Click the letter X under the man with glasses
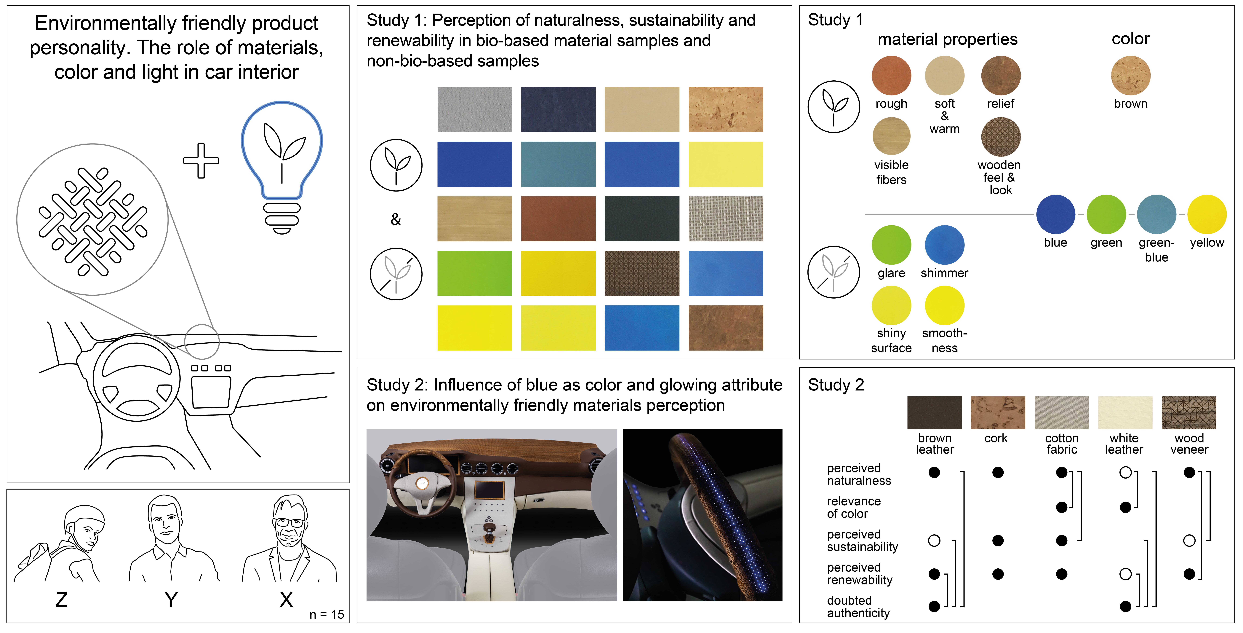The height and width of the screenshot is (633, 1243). [286, 600]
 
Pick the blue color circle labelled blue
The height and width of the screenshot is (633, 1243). [1055, 214]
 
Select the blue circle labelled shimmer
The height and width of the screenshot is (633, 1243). [944, 245]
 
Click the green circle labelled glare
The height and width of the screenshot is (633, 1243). [891, 245]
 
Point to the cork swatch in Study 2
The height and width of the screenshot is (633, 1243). [998, 413]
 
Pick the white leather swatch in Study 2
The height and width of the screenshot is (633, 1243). [1125, 413]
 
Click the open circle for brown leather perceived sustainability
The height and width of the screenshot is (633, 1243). [934, 540]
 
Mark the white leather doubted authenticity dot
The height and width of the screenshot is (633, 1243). [1125, 606]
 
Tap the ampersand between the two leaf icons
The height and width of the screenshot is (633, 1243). [396, 220]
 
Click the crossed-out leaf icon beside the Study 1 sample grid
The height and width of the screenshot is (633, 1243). [396, 274]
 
